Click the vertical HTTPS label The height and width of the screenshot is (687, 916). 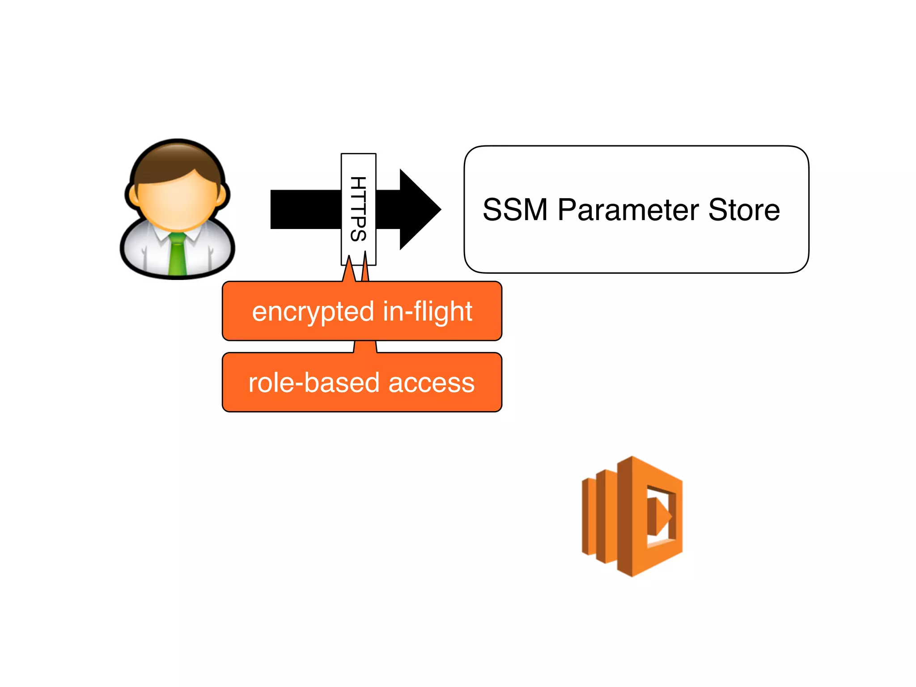358,208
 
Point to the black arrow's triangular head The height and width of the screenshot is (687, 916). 418,209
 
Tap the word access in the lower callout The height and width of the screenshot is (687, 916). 431,383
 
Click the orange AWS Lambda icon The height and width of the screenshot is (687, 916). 632,517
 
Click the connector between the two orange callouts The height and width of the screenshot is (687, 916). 365,347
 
